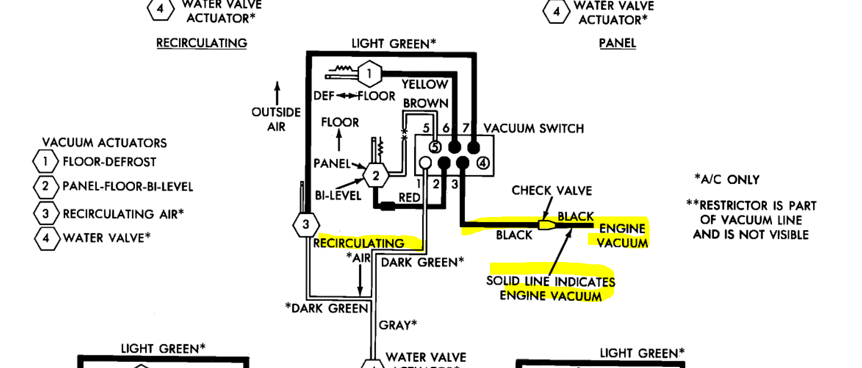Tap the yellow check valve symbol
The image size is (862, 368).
coord(545,226)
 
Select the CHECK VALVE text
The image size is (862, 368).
coord(551,190)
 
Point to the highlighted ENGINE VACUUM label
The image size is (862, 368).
coord(622,235)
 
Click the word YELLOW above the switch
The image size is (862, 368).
coord(424,85)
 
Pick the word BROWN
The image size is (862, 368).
coord(425,104)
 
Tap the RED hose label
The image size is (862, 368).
coord(409,197)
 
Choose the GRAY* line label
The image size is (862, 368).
coord(398,325)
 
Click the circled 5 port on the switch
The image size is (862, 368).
coord(435,147)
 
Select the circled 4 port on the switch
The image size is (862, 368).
coord(483,163)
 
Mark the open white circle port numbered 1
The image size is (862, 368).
coord(425,164)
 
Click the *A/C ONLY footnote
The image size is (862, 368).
coord(726,179)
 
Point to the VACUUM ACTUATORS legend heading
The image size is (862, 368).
coord(104,142)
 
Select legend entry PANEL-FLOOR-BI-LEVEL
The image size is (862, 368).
coord(128,186)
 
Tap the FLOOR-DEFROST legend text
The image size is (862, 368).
coord(109,162)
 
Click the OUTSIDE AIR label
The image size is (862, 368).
coord(276,119)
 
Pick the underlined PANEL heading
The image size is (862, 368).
coord(617,43)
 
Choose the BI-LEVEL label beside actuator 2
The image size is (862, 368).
coord(337,195)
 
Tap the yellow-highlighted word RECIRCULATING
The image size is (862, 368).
coord(359,243)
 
